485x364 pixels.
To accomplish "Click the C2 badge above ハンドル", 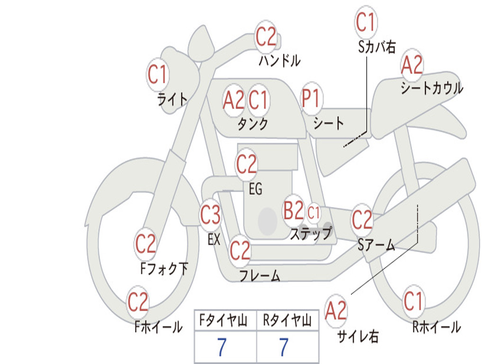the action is pyautogui.click(x=266, y=36).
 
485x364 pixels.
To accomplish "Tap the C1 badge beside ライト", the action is pyautogui.click(x=158, y=75).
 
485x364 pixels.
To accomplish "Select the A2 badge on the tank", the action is pyautogui.click(x=234, y=100).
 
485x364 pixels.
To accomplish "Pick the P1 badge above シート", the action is pyautogui.click(x=311, y=100).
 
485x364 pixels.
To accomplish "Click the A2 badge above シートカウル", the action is pyautogui.click(x=412, y=65).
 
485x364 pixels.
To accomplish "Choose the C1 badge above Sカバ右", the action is pyautogui.click(x=365, y=22).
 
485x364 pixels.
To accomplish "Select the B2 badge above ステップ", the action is pyautogui.click(x=293, y=211).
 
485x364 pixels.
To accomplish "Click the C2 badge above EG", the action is pyautogui.click(x=246, y=164).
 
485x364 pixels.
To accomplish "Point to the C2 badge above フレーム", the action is pyautogui.click(x=240, y=250).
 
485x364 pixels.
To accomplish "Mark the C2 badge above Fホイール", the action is pyautogui.click(x=138, y=302).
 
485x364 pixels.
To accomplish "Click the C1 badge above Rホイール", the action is pyautogui.click(x=413, y=301).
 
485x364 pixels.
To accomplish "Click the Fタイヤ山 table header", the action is pyautogui.click(x=225, y=322).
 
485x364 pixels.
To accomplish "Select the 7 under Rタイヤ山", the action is pyautogui.click(x=283, y=347).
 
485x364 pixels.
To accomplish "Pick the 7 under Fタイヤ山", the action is pyautogui.click(x=222, y=347).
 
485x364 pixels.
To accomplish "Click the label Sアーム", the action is pyautogui.click(x=377, y=245).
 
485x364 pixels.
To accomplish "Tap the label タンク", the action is pyautogui.click(x=252, y=124).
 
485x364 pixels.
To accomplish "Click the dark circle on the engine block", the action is pyautogui.click(x=268, y=221).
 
